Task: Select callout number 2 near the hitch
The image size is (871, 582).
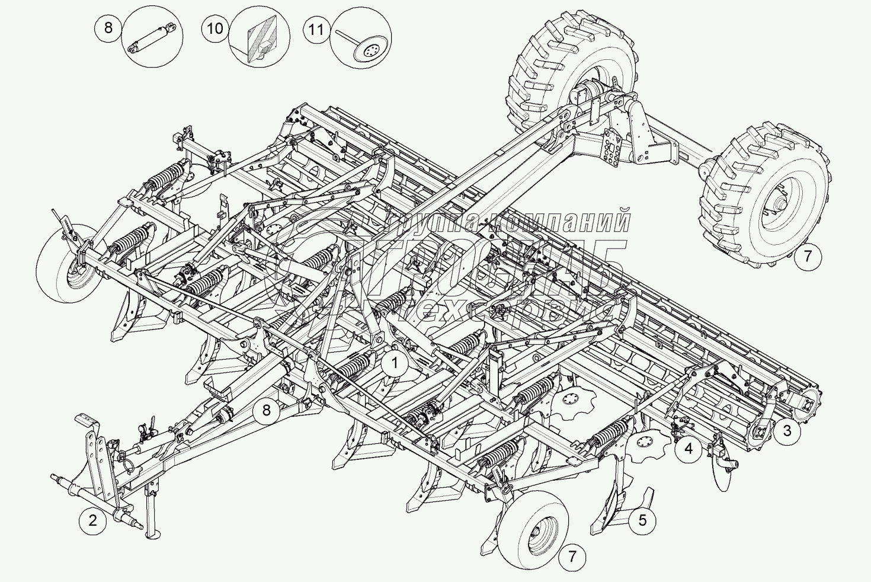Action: [x=92, y=521]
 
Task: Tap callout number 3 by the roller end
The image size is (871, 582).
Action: [x=787, y=430]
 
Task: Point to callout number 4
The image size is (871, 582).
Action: [x=688, y=448]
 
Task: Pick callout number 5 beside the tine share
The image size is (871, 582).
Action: [x=643, y=521]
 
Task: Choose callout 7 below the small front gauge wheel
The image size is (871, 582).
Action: [x=572, y=557]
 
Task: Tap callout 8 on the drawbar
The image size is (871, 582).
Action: [x=266, y=410]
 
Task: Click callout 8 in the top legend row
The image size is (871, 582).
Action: [x=108, y=28]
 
